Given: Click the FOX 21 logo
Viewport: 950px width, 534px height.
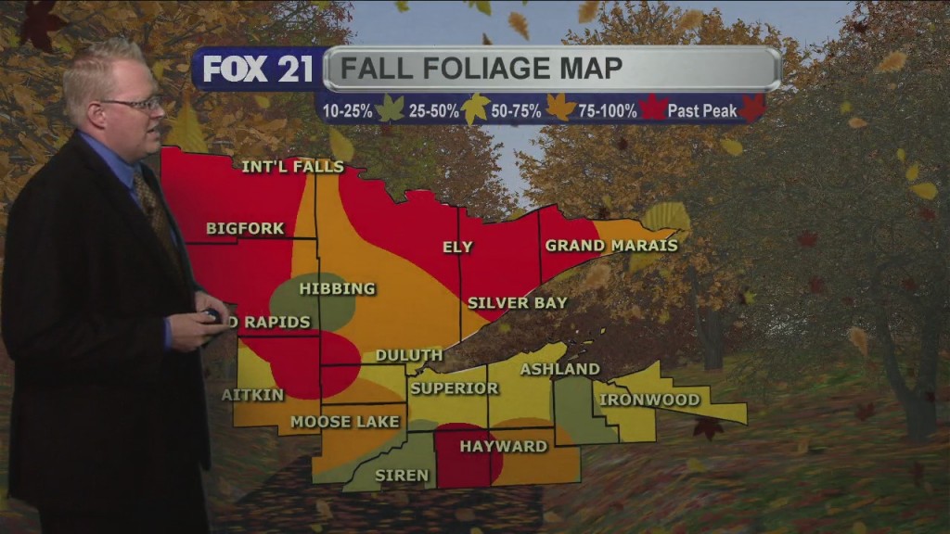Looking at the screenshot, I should pyautogui.click(x=257, y=69).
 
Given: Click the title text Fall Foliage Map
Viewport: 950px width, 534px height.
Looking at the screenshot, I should pyautogui.click(x=481, y=69).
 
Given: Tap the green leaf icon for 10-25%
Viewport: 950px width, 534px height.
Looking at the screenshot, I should pyautogui.click(x=390, y=109).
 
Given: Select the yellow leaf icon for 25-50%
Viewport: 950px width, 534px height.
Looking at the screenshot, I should pyautogui.click(x=475, y=109).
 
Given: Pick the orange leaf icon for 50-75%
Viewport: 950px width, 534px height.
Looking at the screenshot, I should pyautogui.click(x=560, y=109).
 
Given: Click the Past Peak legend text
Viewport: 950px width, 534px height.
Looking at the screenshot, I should pyautogui.click(x=702, y=111).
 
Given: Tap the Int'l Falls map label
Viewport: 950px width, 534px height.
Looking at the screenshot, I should pyautogui.click(x=292, y=167).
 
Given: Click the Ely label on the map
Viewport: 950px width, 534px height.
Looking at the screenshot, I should pyautogui.click(x=458, y=248).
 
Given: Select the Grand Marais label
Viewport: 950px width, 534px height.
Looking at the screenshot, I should pyautogui.click(x=611, y=246).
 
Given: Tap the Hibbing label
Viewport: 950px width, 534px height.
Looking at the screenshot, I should pyautogui.click(x=337, y=289).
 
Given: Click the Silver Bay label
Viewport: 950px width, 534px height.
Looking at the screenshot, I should pyautogui.click(x=517, y=303).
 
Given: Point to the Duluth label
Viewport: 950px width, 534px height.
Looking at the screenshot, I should pyautogui.click(x=408, y=355).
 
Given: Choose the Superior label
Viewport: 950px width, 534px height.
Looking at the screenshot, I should pyautogui.click(x=455, y=388).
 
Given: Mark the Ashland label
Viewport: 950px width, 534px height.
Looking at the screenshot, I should pyautogui.click(x=559, y=369).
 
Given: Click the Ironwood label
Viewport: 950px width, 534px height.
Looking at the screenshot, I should pyautogui.click(x=649, y=400).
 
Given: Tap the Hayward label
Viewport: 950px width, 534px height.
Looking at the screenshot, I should pyautogui.click(x=504, y=447).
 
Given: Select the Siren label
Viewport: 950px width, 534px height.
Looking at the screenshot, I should pyautogui.click(x=401, y=476).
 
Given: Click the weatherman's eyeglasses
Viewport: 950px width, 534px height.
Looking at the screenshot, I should pyautogui.click(x=132, y=104).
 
